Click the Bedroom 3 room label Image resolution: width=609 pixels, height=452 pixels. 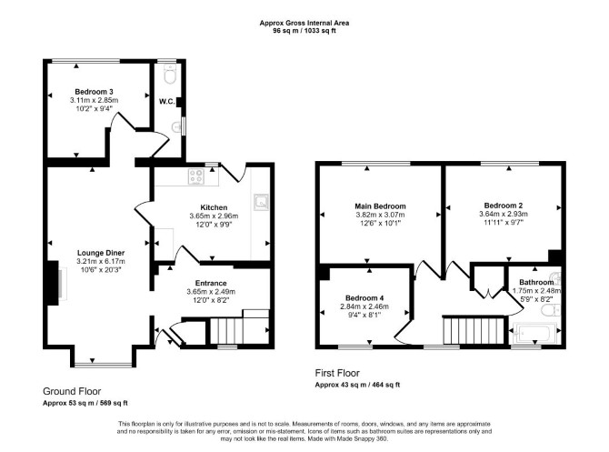[x=94, y=92]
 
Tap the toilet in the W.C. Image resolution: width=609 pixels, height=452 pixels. [x=170, y=74]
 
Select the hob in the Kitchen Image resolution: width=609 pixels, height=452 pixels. [x=196, y=176]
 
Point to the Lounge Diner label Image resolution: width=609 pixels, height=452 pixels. [x=101, y=253]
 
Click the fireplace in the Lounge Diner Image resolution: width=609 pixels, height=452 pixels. [x=55, y=284]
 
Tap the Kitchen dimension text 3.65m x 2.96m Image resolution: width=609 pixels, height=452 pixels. [x=214, y=216]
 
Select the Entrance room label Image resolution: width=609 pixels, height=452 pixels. [x=211, y=283]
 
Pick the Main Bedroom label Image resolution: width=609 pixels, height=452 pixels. [x=380, y=206]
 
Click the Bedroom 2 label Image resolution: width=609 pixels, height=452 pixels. [x=504, y=206]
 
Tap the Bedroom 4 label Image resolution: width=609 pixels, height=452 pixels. [x=364, y=298]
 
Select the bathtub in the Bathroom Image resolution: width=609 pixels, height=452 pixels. [x=534, y=333]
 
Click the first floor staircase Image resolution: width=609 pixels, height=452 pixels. [x=474, y=330]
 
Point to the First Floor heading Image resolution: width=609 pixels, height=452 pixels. [x=337, y=373]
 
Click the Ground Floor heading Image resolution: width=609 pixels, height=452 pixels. [x=72, y=391]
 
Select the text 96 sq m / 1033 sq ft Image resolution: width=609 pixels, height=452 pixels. [x=304, y=30]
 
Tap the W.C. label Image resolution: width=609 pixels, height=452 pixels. [x=166, y=102]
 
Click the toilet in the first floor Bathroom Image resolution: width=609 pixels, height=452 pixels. [x=550, y=310]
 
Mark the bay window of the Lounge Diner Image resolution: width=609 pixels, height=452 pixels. [x=103, y=365]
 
